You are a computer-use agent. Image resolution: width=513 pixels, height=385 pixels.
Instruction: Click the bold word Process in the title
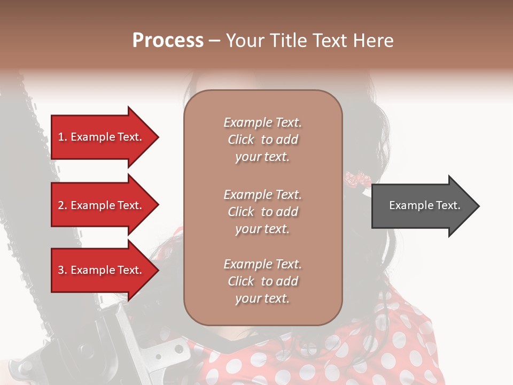point(168,41)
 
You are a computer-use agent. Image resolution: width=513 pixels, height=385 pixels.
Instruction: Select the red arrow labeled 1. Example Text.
point(102,137)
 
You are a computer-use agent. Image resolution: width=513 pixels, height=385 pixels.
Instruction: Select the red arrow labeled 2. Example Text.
point(102,205)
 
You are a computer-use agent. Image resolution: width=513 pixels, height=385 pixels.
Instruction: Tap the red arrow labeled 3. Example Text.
point(102,270)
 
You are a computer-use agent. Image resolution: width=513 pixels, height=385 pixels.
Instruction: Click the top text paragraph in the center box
point(262,140)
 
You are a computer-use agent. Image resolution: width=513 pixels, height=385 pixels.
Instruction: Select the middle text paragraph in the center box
point(262,211)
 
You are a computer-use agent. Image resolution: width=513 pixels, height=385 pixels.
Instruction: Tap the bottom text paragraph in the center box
point(262,281)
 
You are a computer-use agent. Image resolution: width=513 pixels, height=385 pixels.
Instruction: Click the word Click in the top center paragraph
point(240,140)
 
